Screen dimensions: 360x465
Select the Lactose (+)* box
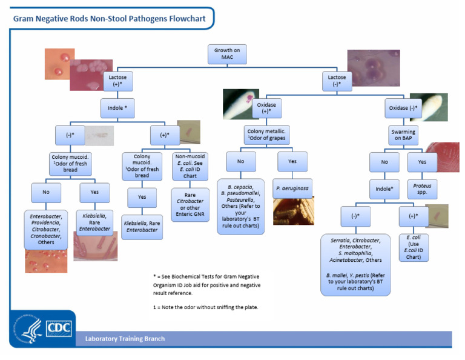click(117, 81)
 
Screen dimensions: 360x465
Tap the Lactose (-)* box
click(337, 81)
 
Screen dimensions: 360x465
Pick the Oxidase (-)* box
click(403, 108)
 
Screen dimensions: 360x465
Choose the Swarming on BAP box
click(403, 135)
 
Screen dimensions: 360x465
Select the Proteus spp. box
click(421, 189)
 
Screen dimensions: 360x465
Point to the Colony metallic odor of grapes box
click(266, 135)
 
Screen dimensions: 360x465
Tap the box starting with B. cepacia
click(240, 206)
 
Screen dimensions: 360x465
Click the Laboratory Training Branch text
click(125, 338)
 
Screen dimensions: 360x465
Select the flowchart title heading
click(110, 19)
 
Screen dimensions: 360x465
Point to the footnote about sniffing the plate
click(206, 307)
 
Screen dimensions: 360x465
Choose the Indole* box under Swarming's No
click(384, 188)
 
